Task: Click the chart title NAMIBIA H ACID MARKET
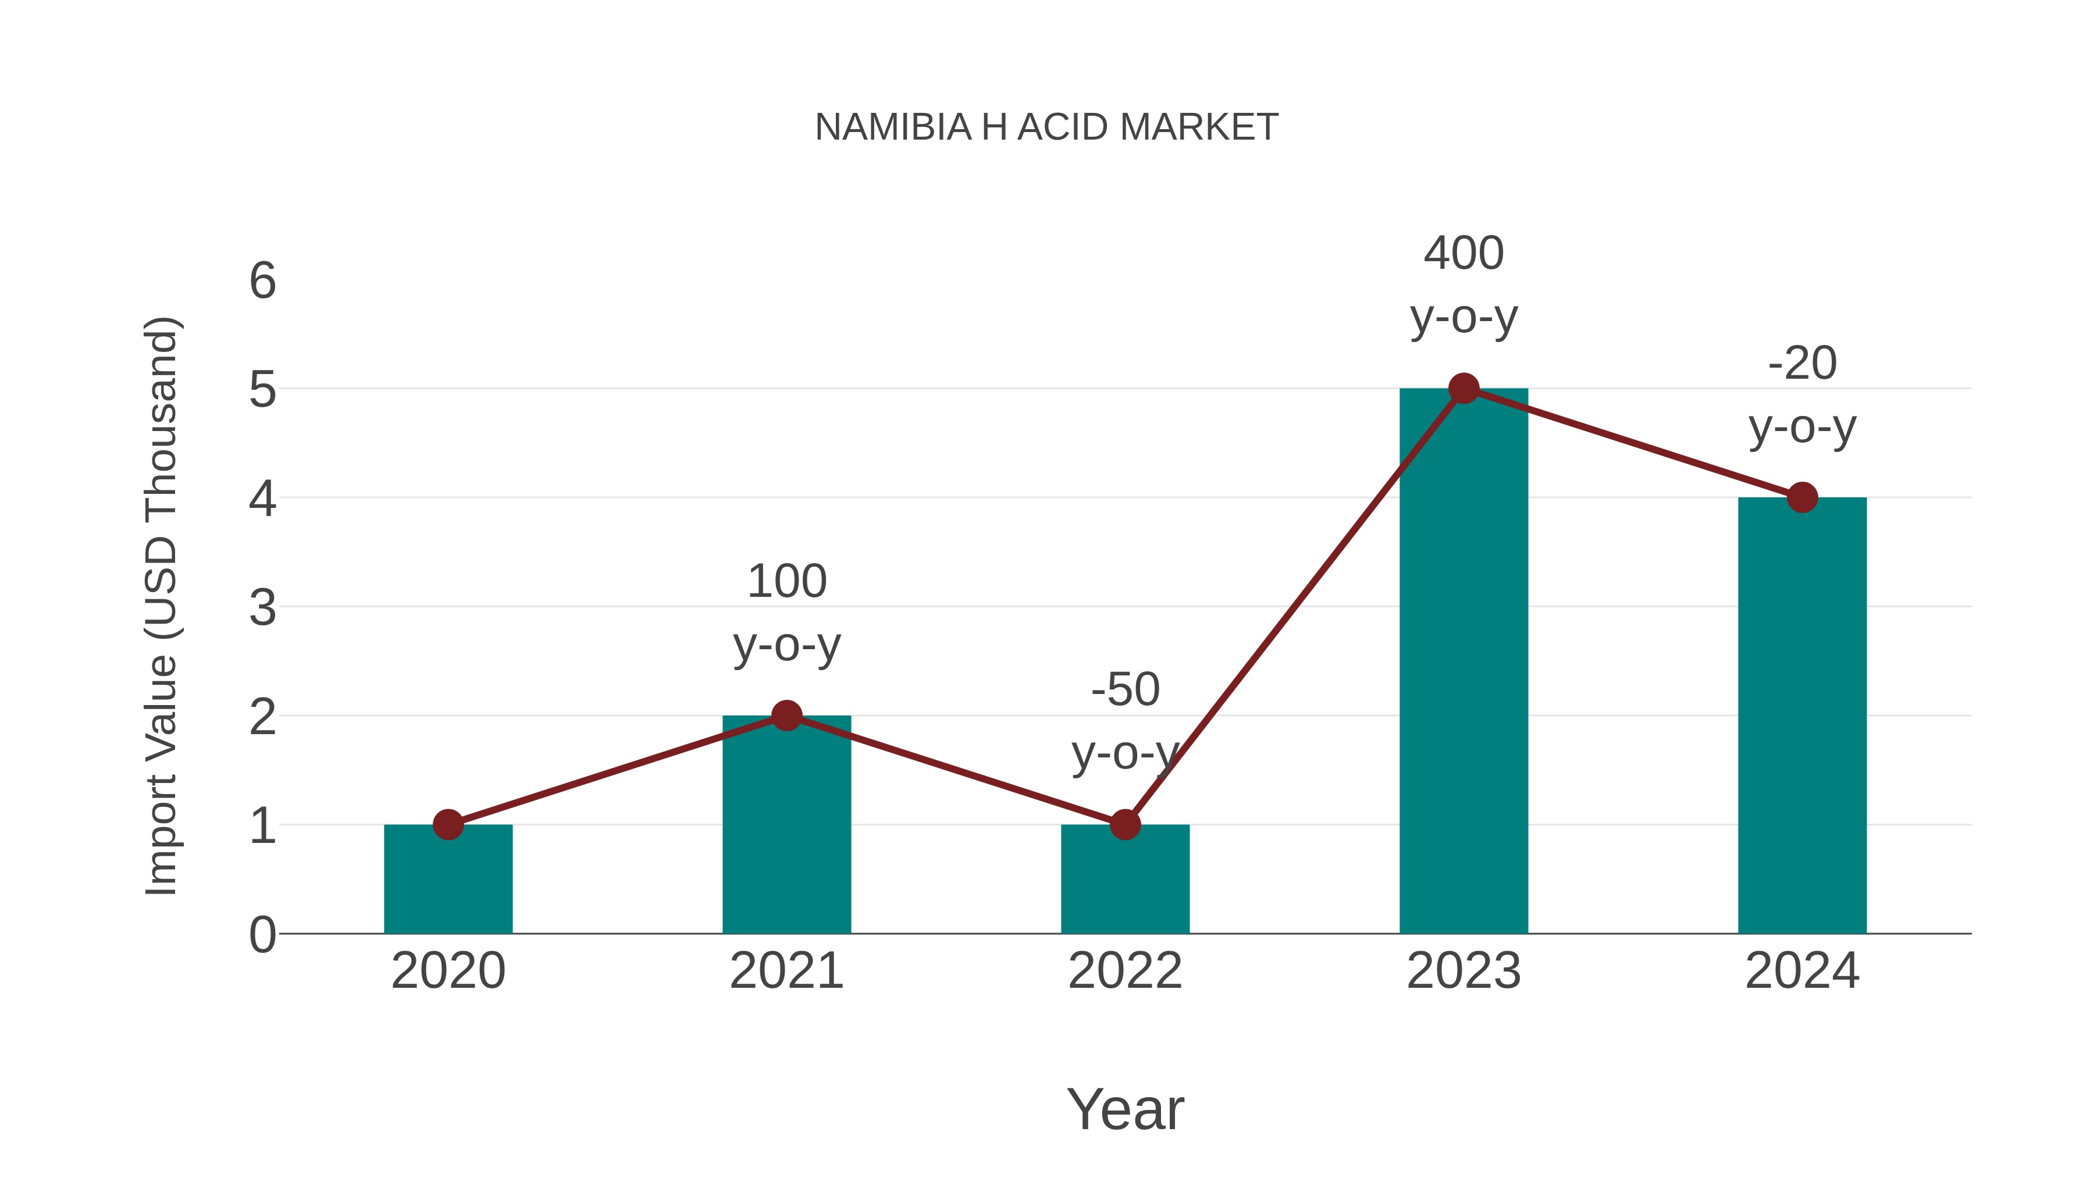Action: click(x=1046, y=127)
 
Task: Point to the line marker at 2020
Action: click(x=448, y=824)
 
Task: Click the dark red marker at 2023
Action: click(x=1463, y=389)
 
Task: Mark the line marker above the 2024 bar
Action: click(x=1802, y=497)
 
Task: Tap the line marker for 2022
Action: click(x=1125, y=824)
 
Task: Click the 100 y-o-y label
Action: click(x=786, y=613)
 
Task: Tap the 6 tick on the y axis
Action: click(x=262, y=282)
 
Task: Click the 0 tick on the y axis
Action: click(x=262, y=935)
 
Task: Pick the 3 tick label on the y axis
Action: click(x=262, y=608)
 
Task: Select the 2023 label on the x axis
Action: click(x=1463, y=971)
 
